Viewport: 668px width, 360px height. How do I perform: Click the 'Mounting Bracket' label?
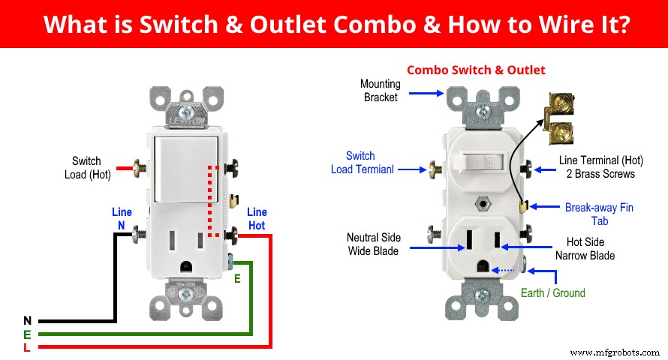381,90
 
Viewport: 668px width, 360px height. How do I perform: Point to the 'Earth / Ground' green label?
552,292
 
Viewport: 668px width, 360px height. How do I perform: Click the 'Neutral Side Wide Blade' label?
373,244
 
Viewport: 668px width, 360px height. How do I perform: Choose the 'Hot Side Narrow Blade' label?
585,249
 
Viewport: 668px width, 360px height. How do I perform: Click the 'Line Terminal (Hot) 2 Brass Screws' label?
597,167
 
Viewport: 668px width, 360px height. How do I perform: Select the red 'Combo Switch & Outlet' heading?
476,70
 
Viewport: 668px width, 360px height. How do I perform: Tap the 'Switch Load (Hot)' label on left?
86,167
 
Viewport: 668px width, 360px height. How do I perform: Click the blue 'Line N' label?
122,218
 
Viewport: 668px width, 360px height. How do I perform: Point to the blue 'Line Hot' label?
257,219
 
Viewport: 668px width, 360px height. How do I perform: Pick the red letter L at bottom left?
27,347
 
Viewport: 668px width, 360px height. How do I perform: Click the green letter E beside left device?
237,277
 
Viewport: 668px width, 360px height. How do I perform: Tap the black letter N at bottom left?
27,321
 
